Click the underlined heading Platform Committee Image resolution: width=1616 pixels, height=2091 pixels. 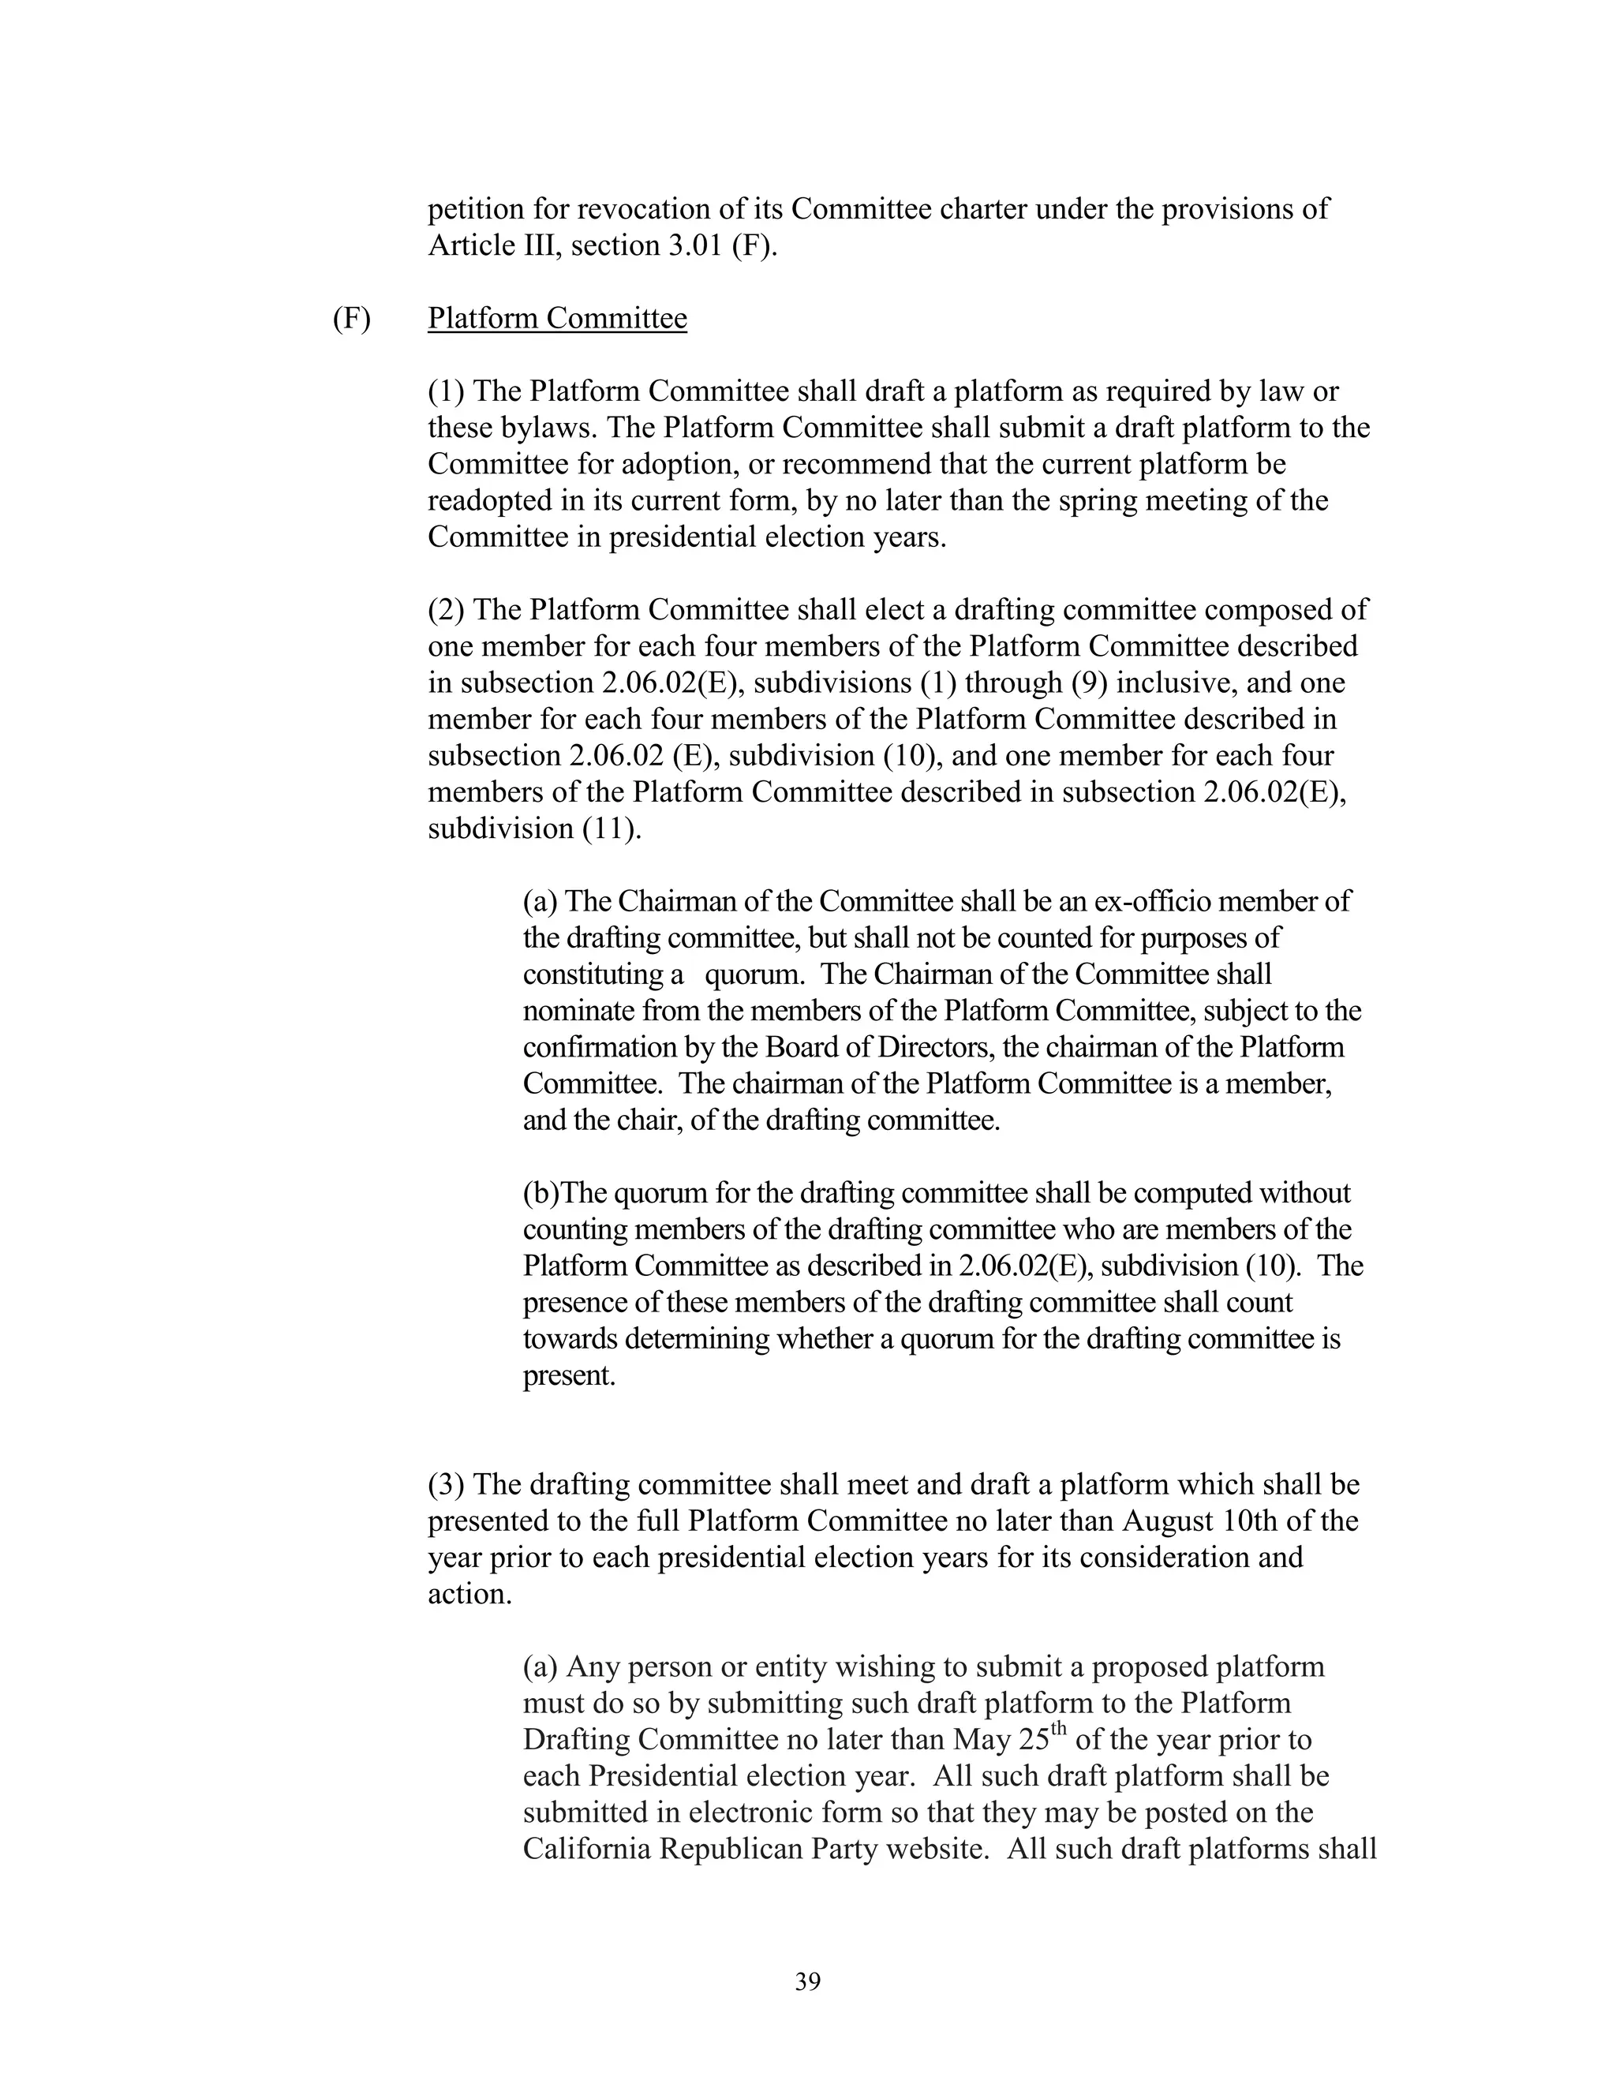point(557,318)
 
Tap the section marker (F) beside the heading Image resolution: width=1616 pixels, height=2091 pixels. point(351,318)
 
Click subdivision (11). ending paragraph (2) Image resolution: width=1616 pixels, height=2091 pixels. point(534,829)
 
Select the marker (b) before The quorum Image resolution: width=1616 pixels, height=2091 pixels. point(540,1194)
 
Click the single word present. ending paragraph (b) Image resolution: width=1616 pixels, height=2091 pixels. point(569,1376)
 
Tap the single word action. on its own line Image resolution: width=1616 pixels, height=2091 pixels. point(469,1594)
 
